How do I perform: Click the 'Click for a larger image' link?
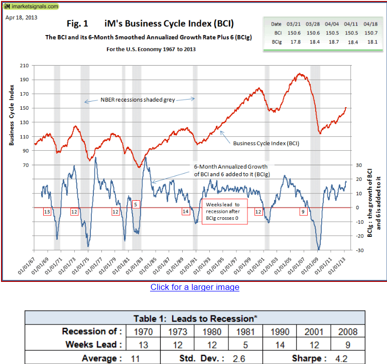tap(195, 287)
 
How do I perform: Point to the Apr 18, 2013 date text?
tap(21, 18)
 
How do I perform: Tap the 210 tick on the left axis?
tap(25, 66)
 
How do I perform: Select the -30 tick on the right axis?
tap(358, 250)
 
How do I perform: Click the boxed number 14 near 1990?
tap(186, 212)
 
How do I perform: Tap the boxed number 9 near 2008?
tap(303, 212)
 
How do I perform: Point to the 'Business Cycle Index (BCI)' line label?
tap(266, 143)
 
